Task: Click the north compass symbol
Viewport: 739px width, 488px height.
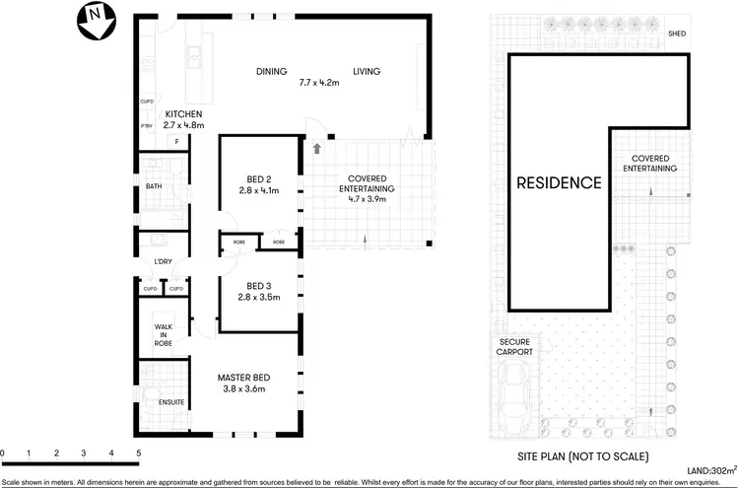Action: (x=94, y=20)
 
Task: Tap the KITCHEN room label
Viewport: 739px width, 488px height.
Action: (x=183, y=113)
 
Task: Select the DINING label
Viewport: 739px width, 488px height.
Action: (x=271, y=72)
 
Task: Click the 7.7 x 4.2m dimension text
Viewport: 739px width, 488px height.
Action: (x=319, y=84)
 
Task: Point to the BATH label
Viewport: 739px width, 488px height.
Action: (x=154, y=185)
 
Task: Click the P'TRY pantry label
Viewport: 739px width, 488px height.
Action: (x=146, y=125)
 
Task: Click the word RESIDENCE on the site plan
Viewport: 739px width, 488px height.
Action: (x=559, y=182)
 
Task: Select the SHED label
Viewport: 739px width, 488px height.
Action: (x=676, y=34)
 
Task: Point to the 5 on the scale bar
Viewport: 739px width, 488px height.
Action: (x=139, y=453)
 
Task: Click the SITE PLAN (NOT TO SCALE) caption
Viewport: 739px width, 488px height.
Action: (x=582, y=456)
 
